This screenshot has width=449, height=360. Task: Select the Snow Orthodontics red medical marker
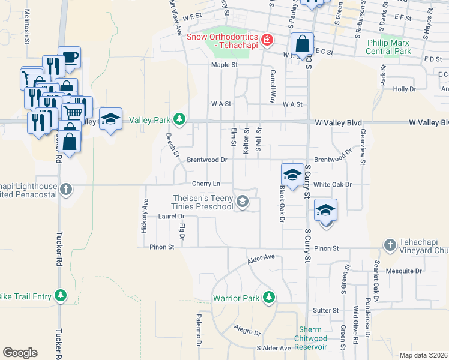pyautogui.click(x=267, y=41)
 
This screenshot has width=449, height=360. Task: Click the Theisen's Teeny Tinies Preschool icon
pyautogui.click(x=243, y=202)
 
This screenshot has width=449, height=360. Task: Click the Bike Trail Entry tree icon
pyautogui.click(x=60, y=295)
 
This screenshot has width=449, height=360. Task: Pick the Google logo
pyautogui.click(x=20, y=352)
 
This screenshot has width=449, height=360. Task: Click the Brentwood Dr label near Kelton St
pyautogui.click(x=206, y=160)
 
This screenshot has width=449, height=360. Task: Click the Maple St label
pyautogui.click(x=224, y=65)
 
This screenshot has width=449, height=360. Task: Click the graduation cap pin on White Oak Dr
pyautogui.click(x=292, y=175)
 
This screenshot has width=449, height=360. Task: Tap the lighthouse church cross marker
pyautogui.click(x=66, y=189)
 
